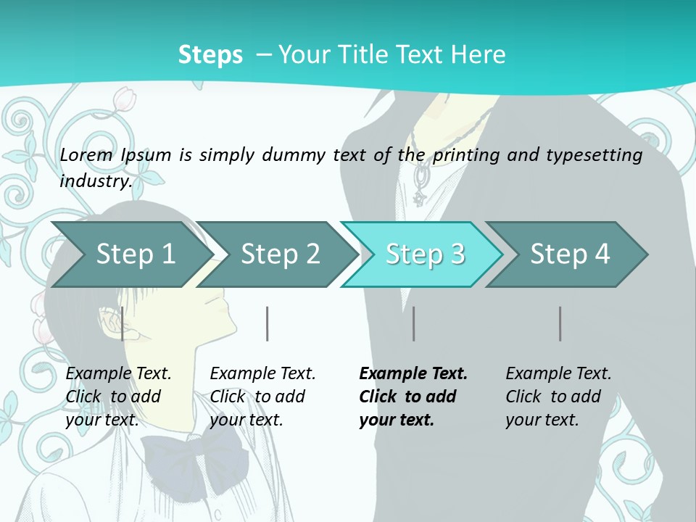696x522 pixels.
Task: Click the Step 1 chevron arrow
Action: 133,254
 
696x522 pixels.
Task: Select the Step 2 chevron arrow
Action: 278,254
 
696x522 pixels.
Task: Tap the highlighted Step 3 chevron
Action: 423,254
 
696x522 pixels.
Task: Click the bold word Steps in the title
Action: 210,54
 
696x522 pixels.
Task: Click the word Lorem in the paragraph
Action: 86,155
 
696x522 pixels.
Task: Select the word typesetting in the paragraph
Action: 594,156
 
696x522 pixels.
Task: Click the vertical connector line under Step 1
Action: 122,323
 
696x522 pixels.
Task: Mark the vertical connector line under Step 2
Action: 267,323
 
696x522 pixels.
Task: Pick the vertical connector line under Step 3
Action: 413,323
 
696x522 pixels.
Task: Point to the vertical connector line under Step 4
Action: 560,323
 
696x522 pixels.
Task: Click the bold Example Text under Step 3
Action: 413,373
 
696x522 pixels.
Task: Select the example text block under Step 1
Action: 118,397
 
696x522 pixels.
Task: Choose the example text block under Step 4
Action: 558,397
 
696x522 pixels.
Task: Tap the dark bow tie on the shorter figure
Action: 195,462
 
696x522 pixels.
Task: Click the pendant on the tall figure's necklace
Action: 419,186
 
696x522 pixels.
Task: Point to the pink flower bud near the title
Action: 124,99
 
